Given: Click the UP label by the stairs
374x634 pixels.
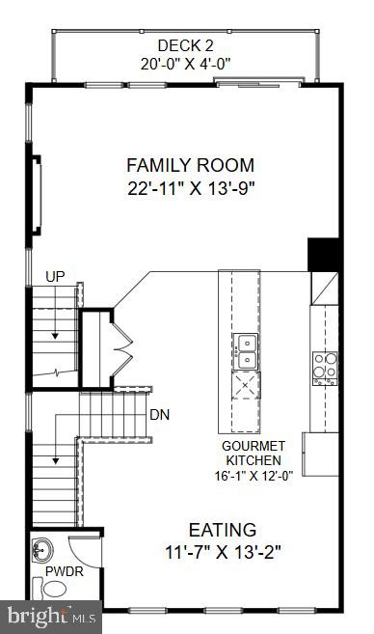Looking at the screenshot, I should [55, 278].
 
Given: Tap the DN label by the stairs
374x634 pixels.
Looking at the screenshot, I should [160, 416].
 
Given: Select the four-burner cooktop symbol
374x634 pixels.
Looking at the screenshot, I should [324, 369].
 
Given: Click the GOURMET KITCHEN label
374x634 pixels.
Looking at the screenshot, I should [253, 455].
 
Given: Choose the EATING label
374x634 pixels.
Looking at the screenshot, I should [222, 530].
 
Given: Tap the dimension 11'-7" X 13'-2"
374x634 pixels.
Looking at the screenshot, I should [222, 553].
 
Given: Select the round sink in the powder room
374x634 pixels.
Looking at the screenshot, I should [42, 551].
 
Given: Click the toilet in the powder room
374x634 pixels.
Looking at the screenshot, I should [55, 589].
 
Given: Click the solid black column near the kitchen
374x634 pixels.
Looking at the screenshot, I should [321, 255].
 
